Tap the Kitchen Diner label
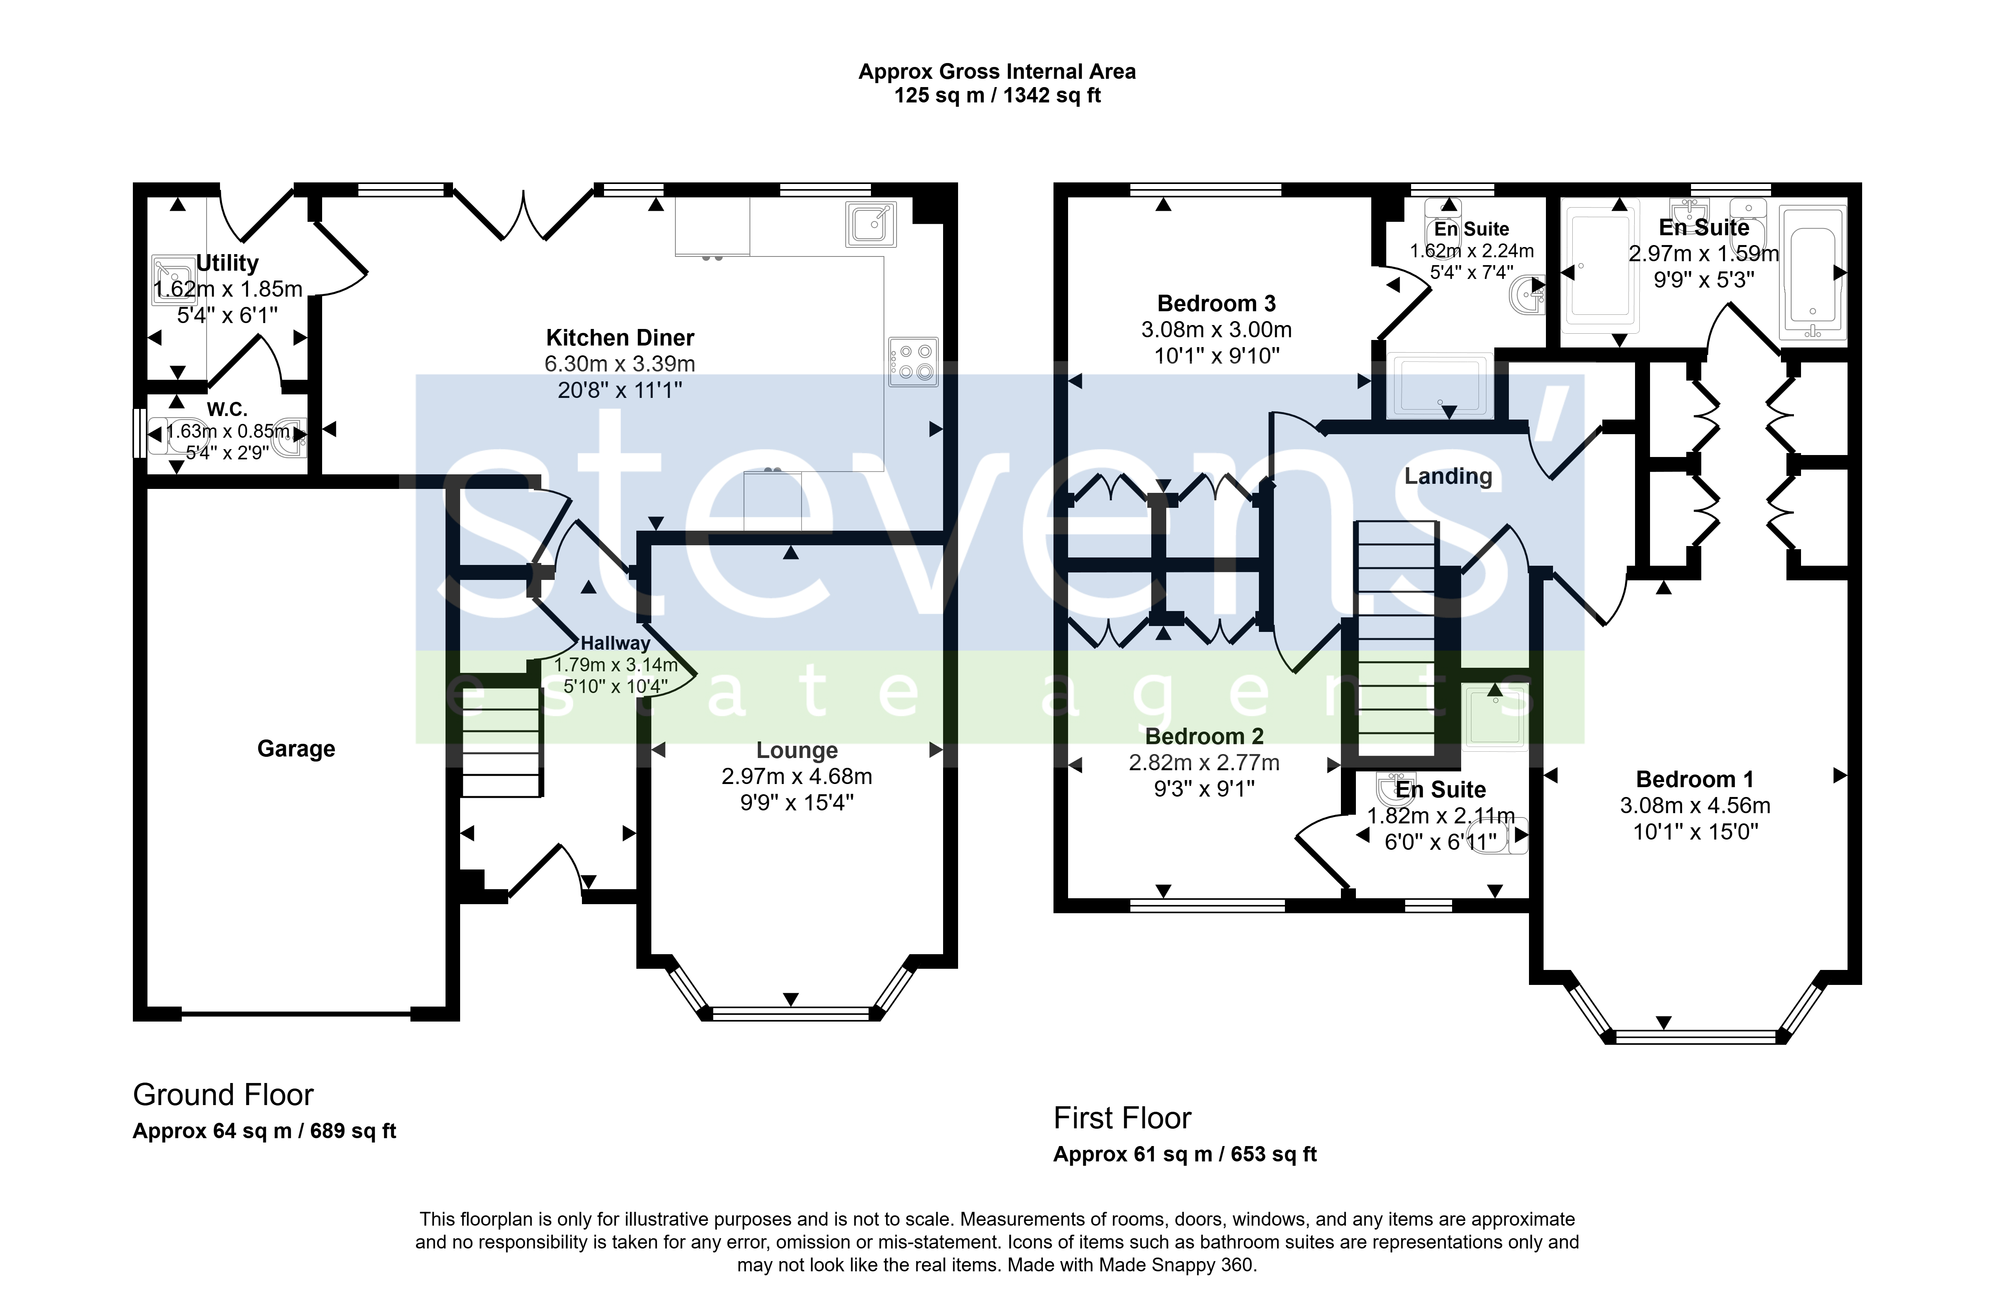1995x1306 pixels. point(620,338)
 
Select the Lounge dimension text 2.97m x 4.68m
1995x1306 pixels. point(796,777)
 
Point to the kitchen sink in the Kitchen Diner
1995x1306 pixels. point(871,224)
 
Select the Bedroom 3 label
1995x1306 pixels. point(1216,303)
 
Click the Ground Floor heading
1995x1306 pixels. point(223,1095)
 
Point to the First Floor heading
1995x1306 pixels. point(1122,1118)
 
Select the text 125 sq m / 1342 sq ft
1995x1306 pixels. point(997,95)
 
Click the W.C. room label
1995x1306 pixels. point(227,410)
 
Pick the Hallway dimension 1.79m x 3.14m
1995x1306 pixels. point(616,665)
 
